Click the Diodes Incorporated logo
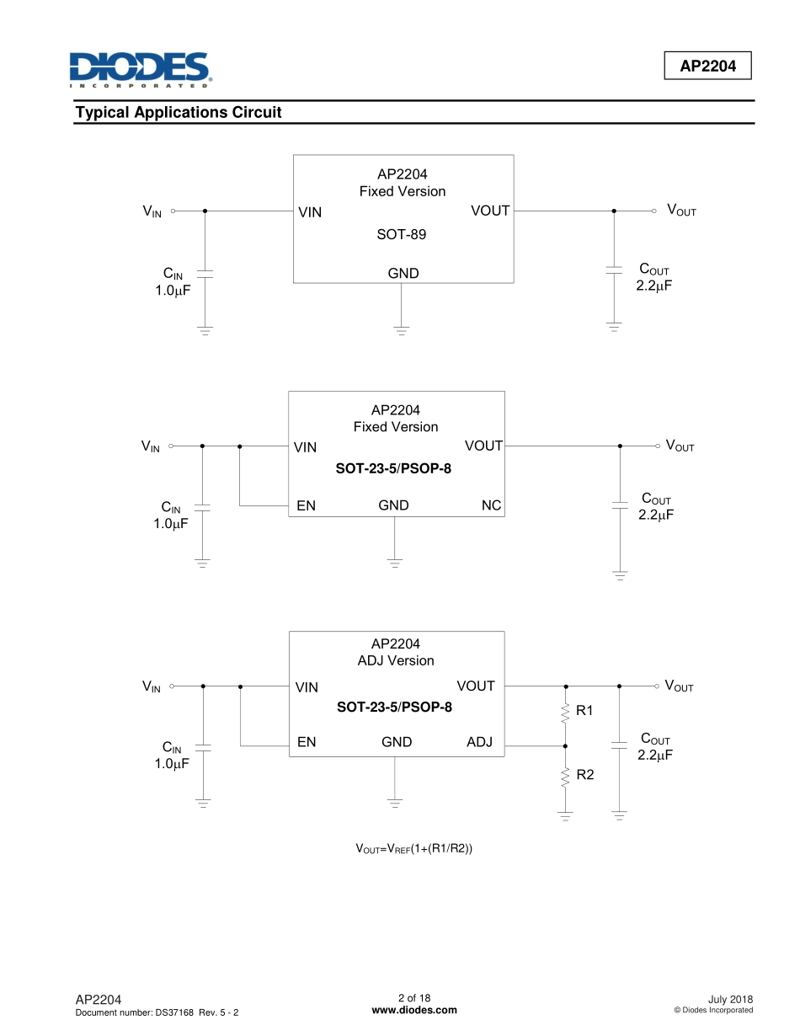pos(139,70)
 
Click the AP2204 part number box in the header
pos(708,66)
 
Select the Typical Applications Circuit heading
pos(179,112)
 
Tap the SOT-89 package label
pos(402,234)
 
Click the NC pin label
pos(491,505)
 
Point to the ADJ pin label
pos(480,742)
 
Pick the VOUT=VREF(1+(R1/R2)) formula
pos(413,848)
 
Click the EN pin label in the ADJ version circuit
pos(307,742)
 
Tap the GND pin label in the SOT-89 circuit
pos(403,273)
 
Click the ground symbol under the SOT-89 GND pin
pos(402,329)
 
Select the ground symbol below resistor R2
pos(565,815)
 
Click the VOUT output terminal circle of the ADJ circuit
pos(656,686)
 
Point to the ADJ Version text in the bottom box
pos(396,660)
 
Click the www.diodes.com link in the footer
pos(414,1011)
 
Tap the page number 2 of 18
pos(414,998)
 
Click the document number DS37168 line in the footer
pos(157,1012)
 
